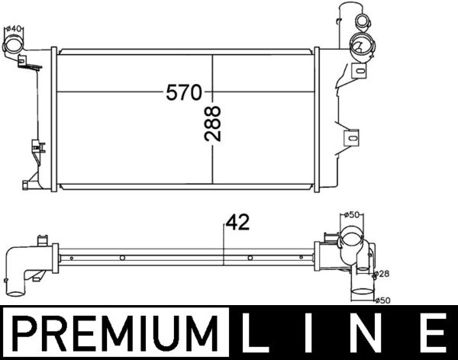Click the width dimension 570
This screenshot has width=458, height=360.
pyautogui.click(x=184, y=93)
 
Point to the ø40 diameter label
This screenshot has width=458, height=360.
pyautogui.click(x=13, y=30)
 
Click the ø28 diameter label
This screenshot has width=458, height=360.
pyautogui.click(x=383, y=273)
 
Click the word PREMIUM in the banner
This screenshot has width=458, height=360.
pyautogui.click(x=115, y=333)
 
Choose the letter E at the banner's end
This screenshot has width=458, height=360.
pyautogui.click(x=433, y=333)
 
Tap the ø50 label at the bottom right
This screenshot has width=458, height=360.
pyautogui.click(x=383, y=300)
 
